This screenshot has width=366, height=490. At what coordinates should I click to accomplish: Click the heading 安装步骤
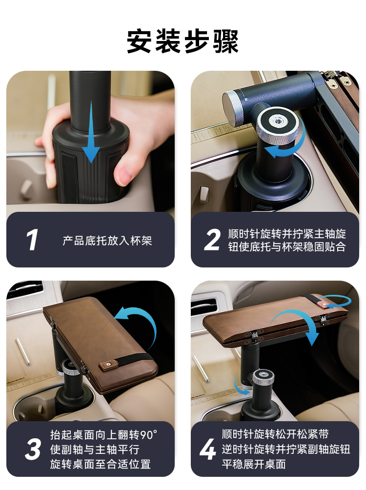(183, 41)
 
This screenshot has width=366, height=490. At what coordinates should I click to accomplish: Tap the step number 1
(32, 240)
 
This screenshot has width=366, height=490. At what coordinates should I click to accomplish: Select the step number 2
(212, 240)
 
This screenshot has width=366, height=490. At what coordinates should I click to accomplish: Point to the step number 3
(33, 449)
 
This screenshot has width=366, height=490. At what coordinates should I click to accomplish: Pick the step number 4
(208, 449)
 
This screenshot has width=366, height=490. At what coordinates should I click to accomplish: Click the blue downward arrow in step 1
(91, 131)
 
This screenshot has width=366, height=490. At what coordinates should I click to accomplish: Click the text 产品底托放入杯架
(107, 241)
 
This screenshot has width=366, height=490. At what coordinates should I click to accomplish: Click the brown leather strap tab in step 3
(108, 365)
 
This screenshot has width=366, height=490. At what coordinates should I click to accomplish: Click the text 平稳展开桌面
(254, 464)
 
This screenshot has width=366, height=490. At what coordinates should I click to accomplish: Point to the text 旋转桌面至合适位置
(101, 464)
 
